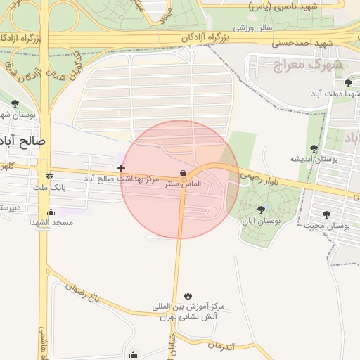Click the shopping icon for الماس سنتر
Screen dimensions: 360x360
[183, 173]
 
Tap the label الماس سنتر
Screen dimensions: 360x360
[183, 184]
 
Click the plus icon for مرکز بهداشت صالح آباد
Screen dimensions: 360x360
[122, 168]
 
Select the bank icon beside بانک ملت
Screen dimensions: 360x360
[49, 176]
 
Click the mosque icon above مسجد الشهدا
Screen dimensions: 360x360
[50, 212]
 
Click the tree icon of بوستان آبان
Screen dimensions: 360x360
[262, 210]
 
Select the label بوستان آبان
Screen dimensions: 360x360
[261, 221]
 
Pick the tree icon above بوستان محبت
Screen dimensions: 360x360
[326, 214]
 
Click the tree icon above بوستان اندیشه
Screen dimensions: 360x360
[314, 148]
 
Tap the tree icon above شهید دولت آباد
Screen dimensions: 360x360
[348, 83]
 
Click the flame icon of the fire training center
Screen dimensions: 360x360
[188, 295]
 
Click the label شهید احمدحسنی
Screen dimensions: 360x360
[302, 43]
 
